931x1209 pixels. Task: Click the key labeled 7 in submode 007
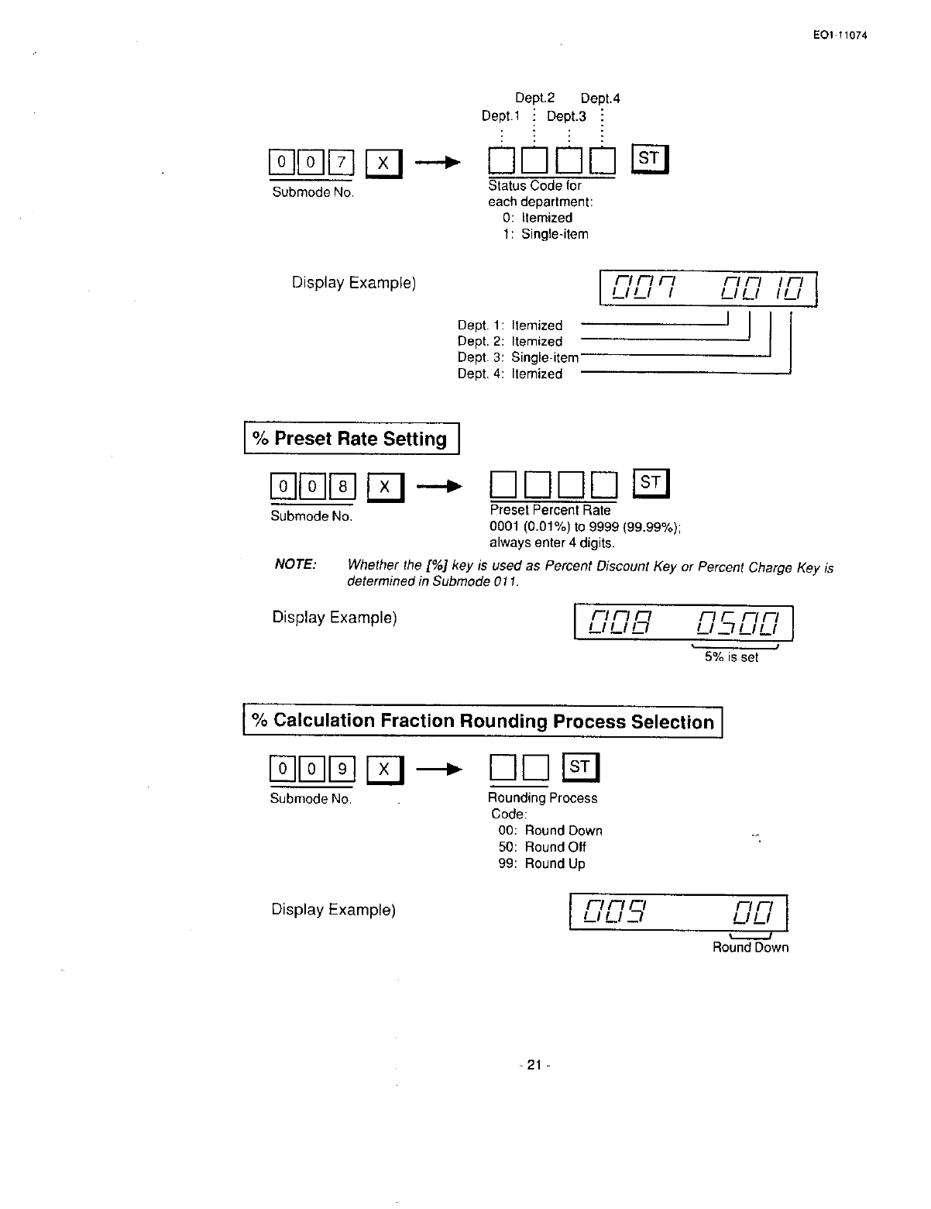pyautogui.click(x=342, y=163)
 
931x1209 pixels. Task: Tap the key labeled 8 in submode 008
pyautogui.click(x=342, y=487)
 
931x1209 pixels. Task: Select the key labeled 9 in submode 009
pyautogui.click(x=342, y=769)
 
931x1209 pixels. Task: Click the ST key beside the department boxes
pyautogui.click(x=649, y=160)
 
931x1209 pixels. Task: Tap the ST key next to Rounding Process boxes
pyautogui.click(x=580, y=767)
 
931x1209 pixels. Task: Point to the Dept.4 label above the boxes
pyautogui.click(x=599, y=98)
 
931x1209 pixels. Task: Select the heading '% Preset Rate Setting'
pyautogui.click(x=352, y=439)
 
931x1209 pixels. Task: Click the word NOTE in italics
pyautogui.click(x=295, y=564)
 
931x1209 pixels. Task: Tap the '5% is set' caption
pyautogui.click(x=731, y=657)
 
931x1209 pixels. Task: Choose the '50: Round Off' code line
pyautogui.click(x=542, y=847)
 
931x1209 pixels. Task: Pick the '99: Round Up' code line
pyautogui.click(x=541, y=863)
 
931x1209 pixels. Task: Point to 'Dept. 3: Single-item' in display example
pyautogui.click(x=517, y=357)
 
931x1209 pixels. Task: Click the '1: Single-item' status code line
pyautogui.click(x=545, y=234)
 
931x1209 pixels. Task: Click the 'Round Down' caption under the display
pyautogui.click(x=750, y=947)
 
